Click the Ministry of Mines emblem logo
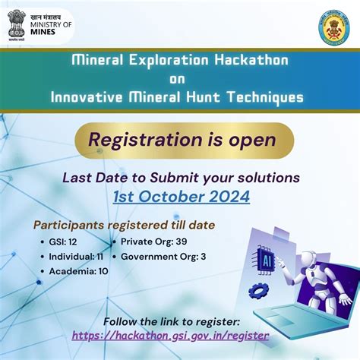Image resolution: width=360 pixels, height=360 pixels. [x=17, y=24]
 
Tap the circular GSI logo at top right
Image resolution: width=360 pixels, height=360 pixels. [x=334, y=28]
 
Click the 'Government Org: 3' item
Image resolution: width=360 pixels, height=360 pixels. [x=163, y=257]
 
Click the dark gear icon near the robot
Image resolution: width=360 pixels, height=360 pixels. [x=258, y=290]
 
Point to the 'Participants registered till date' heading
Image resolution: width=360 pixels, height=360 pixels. [x=124, y=225]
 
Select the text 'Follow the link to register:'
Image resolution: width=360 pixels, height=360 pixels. [x=171, y=321]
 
